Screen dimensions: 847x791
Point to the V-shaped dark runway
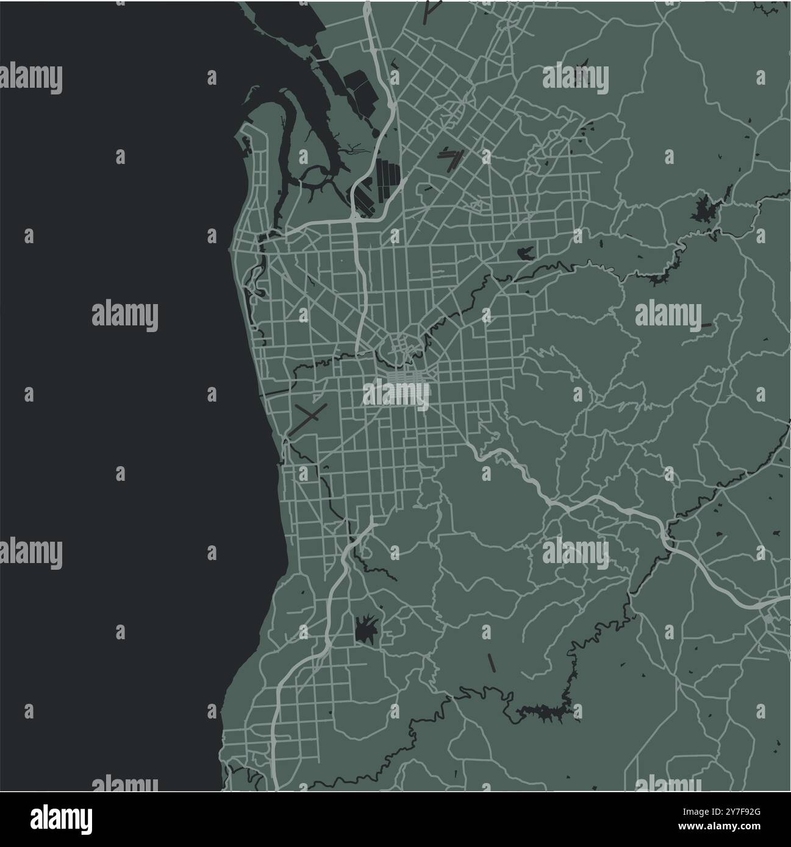click(x=449, y=160)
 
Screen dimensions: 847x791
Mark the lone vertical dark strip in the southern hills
click(x=490, y=662)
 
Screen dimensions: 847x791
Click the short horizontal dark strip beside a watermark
click(x=706, y=325)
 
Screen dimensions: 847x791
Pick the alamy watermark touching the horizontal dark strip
click(x=668, y=316)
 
